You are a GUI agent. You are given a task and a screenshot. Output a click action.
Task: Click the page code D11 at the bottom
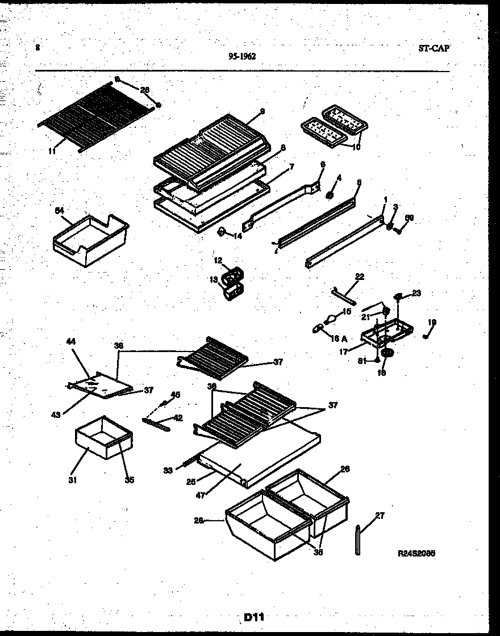coord(254,617)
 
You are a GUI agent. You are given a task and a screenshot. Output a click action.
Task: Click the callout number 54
coord(59,211)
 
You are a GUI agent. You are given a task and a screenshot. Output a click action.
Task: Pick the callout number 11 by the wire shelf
coord(53,152)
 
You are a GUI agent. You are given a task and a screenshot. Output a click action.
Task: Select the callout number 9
coord(262,112)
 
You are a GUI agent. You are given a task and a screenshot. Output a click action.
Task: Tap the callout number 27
coord(380,516)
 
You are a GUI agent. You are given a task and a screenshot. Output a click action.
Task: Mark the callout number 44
coord(71,342)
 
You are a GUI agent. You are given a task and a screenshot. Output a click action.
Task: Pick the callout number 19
coord(432,323)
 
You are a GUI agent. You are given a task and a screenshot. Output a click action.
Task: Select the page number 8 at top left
coord(37,48)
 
